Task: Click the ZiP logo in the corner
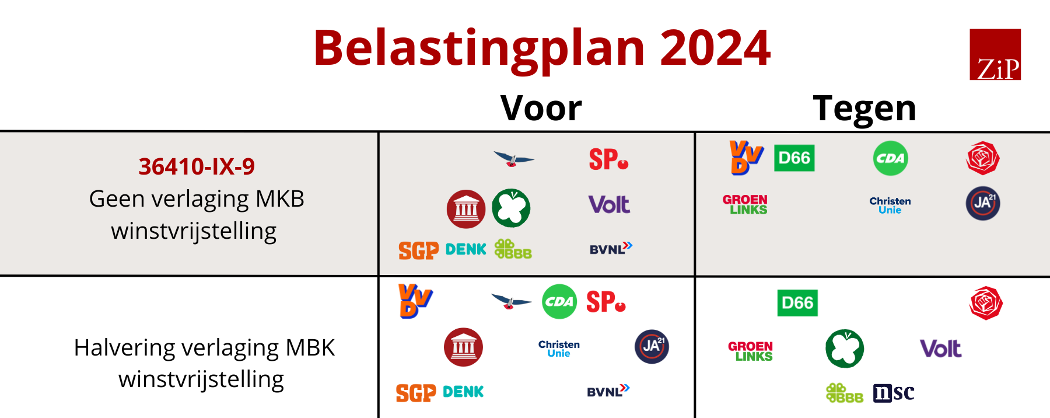(995, 54)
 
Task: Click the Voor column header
(541, 108)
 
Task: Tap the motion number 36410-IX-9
(197, 166)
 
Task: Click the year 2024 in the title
(715, 48)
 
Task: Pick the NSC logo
(894, 393)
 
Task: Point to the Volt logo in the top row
(609, 204)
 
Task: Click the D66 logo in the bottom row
(797, 303)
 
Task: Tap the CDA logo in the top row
(891, 158)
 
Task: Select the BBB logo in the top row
(513, 249)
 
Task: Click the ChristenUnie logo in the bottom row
(559, 349)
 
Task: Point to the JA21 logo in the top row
(983, 203)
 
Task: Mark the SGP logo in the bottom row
(416, 393)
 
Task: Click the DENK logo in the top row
(466, 249)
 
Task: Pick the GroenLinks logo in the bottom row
(751, 351)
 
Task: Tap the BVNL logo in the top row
(611, 249)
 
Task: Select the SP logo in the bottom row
(606, 302)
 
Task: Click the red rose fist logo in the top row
(983, 158)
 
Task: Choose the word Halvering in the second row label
(124, 348)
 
